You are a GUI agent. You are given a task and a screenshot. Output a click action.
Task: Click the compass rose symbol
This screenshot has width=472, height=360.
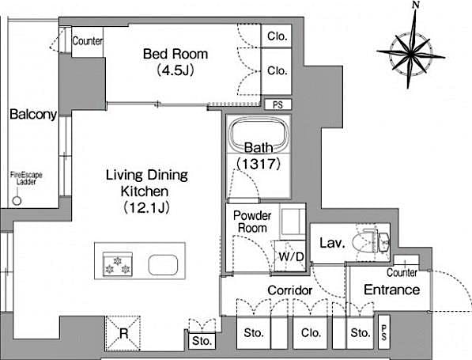412,55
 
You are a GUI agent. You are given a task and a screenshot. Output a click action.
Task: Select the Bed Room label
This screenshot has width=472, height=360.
176,55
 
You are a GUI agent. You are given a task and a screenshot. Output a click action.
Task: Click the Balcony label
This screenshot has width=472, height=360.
32,114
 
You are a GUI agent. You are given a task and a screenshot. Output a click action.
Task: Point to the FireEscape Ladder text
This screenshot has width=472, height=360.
26,177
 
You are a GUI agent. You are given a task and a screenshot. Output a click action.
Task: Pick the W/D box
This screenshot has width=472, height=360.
286,256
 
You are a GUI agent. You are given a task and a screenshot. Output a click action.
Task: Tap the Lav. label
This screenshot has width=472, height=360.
330,244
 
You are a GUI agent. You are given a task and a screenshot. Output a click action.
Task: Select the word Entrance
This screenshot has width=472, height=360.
391,290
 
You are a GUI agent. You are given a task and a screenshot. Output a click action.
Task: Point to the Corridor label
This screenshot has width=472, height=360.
289,290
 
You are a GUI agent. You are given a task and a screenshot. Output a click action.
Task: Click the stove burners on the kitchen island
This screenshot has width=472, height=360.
116,264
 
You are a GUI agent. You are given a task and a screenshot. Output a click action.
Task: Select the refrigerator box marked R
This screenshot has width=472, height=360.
123,332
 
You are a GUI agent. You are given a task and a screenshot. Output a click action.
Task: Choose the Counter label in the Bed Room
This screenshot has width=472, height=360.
87,41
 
